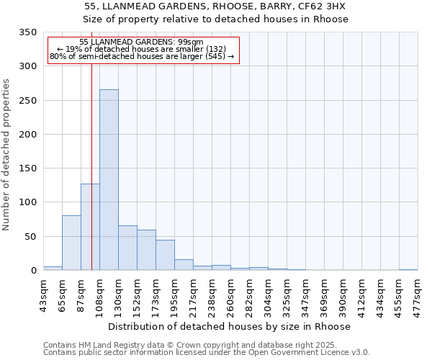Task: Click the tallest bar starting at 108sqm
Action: pyautogui.click(x=109, y=180)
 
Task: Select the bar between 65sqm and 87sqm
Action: pyautogui.click(x=71, y=243)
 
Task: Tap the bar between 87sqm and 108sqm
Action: pyautogui.click(x=90, y=227)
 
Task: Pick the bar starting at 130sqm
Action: pyautogui.click(x=127, y=248)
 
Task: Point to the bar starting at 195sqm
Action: pyautogui.click(x=184, y=264)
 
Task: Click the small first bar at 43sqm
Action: pyautogui.click(x=53, y=268)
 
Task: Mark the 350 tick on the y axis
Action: pyautogui.click(x=27, y=32)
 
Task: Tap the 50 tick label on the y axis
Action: pyautogui.click(x=30, y=236)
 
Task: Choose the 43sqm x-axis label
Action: pyautogui.click(x=44, y=296)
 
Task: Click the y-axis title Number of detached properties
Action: pyautogui.click(x=6, y=155)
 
